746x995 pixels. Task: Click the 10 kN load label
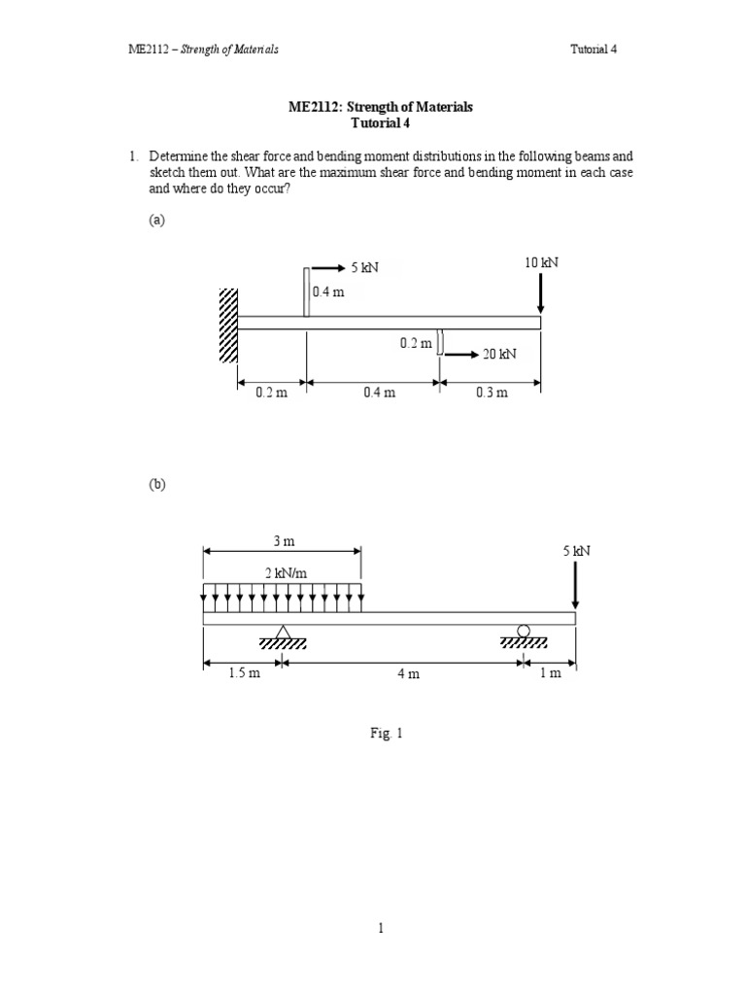[540, 263]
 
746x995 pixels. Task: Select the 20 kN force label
[498, 355]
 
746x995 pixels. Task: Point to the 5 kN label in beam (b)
[576, 551]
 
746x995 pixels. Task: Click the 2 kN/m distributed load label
[282, 574]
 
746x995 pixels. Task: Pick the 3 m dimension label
[282, 540]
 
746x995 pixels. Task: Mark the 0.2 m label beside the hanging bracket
[416, 343]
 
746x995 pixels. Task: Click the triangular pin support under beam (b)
[283, 634]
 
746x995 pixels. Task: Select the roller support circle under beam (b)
[524, 632]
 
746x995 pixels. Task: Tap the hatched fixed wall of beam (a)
[228, 326]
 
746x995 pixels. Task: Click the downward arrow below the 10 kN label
[540, 292]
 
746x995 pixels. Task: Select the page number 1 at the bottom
[383, 928]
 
